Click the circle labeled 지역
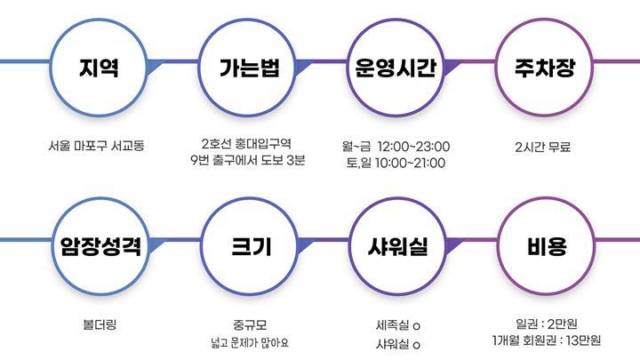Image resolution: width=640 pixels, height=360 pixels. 100,68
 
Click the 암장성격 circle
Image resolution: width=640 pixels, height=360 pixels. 100,247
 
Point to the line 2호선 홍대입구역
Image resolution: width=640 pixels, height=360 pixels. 247,143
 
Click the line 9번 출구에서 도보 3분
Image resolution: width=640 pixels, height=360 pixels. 247,161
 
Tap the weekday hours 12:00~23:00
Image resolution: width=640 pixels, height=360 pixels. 414,146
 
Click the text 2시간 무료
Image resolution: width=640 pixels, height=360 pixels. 541,146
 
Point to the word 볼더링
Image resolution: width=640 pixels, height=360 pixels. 99,324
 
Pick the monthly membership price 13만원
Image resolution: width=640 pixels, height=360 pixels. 581,340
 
